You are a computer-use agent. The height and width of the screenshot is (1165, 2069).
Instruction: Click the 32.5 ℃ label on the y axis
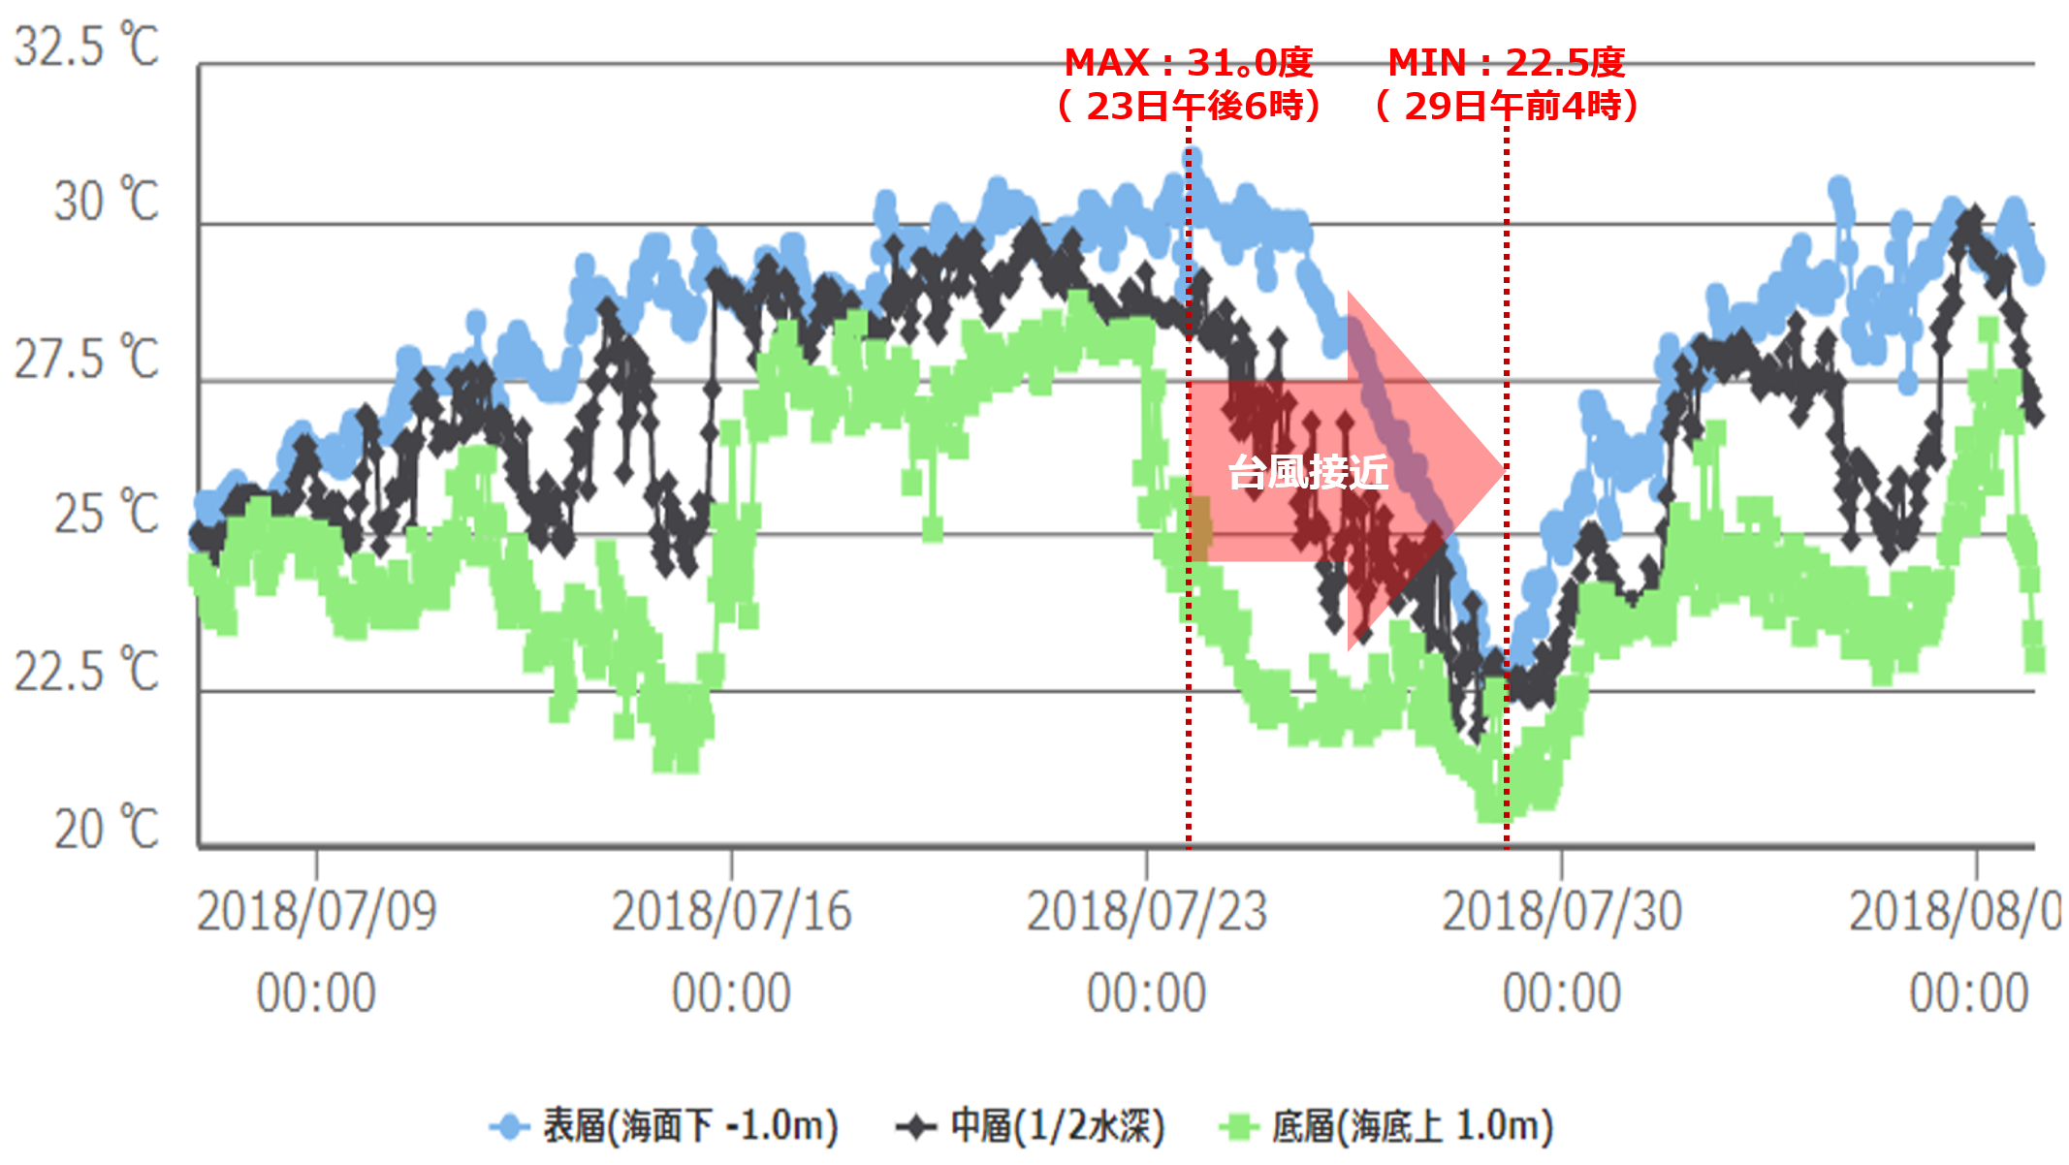tap(85, 46)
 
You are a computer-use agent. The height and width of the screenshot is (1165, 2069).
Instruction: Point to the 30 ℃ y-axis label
tap(106, 202)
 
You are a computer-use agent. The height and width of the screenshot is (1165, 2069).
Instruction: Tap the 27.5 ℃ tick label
tap(85, 359)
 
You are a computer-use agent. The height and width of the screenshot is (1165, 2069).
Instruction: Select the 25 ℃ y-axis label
tap(106, 514)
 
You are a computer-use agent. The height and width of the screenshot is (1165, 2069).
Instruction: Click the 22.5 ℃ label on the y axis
tap(85, 671)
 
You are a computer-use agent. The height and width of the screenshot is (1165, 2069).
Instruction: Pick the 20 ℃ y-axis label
tap(106, 829)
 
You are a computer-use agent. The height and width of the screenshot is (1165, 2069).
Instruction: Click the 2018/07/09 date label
tap(316, 911)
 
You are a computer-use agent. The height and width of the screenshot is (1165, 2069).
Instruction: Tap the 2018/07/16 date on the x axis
tap(731, 911)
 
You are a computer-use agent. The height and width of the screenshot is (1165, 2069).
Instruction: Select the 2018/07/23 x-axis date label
tap(1146, 911)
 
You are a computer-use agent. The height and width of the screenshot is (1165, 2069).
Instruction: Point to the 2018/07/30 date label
tap(1561, 911)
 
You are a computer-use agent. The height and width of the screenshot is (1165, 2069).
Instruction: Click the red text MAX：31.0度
tap(1188, 63)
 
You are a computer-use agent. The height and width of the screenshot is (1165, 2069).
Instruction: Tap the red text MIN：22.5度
tap(1506, 63)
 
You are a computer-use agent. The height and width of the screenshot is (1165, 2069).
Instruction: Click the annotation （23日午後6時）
tap(1188, 106)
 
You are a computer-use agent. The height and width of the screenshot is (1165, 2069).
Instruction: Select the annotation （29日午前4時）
tap(1506, 106)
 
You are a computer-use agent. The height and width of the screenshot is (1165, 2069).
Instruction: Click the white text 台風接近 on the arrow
tap(1308, 472)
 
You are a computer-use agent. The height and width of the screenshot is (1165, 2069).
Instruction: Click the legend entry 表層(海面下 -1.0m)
tap(689, 1126)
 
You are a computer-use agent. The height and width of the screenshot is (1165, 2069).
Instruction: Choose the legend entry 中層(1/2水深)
tap(1057, 1126)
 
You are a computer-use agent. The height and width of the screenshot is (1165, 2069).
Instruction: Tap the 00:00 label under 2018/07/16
tap(731, 993)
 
